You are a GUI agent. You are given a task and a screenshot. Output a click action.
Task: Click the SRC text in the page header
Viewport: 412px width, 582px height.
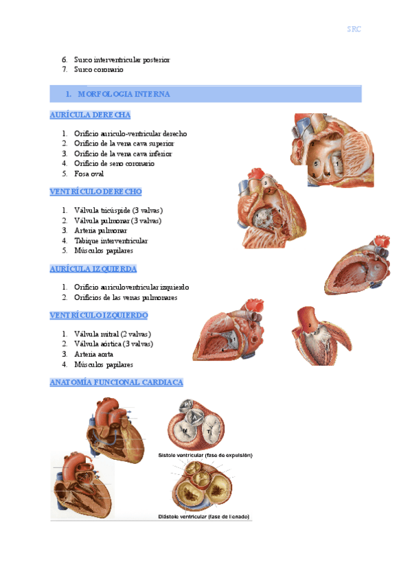pyautogui.click(x=354, y=29)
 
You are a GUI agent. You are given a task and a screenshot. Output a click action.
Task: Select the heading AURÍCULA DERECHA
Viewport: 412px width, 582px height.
pyautogui.click(x=90, y=115)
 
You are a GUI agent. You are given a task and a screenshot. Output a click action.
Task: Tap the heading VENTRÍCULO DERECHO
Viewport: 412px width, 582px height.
pyautogui.click(x=95, y=191)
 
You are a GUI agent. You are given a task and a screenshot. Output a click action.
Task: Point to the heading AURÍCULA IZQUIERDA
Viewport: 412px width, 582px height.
pyautogui.click(x=93, y=268)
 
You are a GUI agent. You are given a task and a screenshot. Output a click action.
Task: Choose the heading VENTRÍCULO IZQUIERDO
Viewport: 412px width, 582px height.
pyautogui.click(x=99, y=315)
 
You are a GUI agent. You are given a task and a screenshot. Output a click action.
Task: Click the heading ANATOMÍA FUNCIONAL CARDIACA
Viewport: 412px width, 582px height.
pyautogui.click(x=116, y=382)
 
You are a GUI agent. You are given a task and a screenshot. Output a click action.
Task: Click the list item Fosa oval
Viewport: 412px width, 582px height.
pyautogui.click(x=89, y=174)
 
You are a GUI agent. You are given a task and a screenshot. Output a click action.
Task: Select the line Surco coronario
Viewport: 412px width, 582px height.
pyautogui.click(x=99, y=70)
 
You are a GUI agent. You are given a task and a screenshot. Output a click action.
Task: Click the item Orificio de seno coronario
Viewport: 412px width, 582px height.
pyautogui.click(x=114, y=163)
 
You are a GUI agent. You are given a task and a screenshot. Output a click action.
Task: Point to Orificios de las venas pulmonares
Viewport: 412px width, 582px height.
pyautogui.click(x=126, y=298)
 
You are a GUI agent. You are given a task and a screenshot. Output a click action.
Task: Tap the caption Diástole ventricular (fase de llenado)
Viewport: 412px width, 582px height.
pyautogui.click(x=204, y=516)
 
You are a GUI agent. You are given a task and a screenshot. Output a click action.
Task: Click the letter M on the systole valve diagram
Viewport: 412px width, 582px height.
pyautogui.click(x=185, y=431)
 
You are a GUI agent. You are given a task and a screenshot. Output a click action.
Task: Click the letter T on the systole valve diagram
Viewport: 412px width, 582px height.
pyautogui.click(x=209, y=432)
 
